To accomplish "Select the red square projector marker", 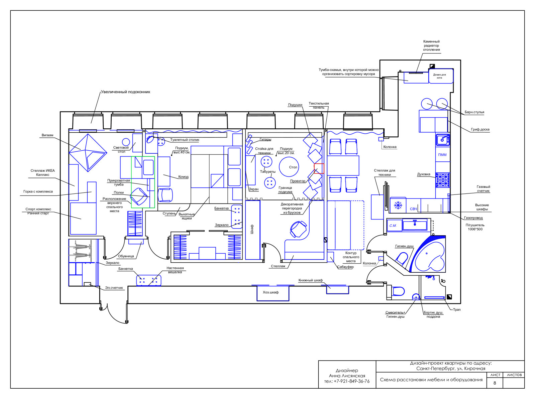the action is (x=319, y=168).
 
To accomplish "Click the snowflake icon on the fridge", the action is (x=398, y=205).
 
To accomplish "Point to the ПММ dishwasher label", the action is (x=442, y=155).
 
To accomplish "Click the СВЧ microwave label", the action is (x=413, y=209).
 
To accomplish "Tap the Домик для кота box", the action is (x=441, y=76).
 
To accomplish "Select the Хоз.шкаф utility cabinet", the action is (x=273, y=293).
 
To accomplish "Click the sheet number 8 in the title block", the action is (x=495, y=383).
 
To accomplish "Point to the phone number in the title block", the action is (x=347, y=382).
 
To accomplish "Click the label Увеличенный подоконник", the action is (x=125, y=92).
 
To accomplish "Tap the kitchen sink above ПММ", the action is (x=443, y=140).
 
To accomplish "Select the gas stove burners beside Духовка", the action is (x=443, y=180).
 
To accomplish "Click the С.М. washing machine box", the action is (x=394, y=226).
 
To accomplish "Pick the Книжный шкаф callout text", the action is (x=311, y=280).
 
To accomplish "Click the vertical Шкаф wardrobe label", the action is (x=252, y=229).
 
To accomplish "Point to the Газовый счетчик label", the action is (x=483, y=189).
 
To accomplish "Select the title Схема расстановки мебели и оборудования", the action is (x=431, y=380).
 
